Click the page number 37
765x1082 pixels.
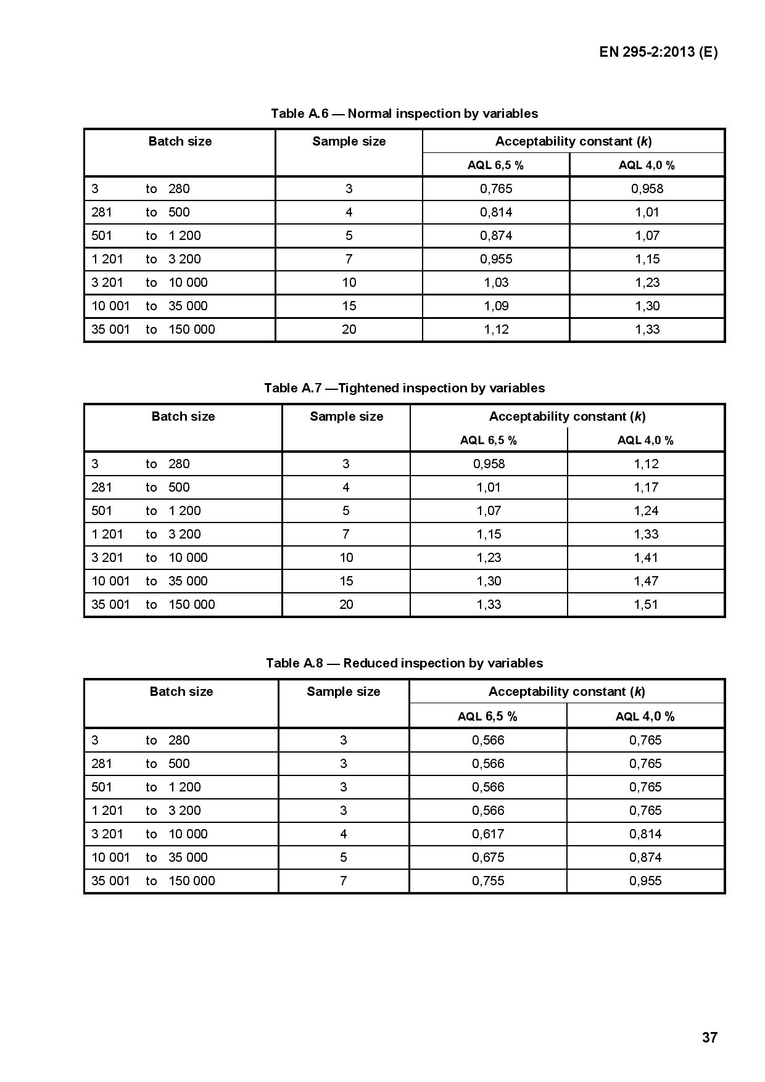pyautogui.click(x=709, y=1037)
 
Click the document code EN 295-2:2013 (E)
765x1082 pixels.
pyautogui.click(x=658, y=52)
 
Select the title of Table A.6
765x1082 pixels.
pyautogui.click(x=404, y=114)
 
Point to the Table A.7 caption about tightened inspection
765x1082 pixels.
pyautogui.click(x=404, y=388)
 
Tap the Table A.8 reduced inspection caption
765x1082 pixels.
pyautogui.click(x=404, y=663)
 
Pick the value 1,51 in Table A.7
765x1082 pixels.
pyautogui.click(x=646, y=605)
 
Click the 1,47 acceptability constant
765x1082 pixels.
pyautogui.click(x=646, y=581)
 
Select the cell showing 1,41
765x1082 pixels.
pyautogui.click(x=646, y=558)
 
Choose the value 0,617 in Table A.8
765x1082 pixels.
pyautogui.click(x=488, y=834)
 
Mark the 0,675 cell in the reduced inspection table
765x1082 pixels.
pyautogui.click(x=488, y=857)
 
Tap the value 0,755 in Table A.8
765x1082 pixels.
pyautogui.click(x=488, y=881)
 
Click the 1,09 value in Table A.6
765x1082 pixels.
pyautogui.click(x=496, y=306)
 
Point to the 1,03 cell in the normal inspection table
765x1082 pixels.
pyautogui.click(x=496, y=283)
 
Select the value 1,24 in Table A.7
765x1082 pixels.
pyautogui.click(x=646, y=511)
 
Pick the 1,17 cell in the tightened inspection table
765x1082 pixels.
pyautogui.click(x=646, y=487)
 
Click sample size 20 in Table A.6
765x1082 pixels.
pyautogui.click(x=349, y=329)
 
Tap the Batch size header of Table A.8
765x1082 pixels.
pyautogui.click(x=181, y=692)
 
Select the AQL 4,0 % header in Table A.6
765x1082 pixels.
pyautogui.click(x=647, y=165)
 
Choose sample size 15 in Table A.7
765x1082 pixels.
pyautogui.click(x=346, y=581)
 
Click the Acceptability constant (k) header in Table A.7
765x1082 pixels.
pyautogui.click(x=567, y=416)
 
